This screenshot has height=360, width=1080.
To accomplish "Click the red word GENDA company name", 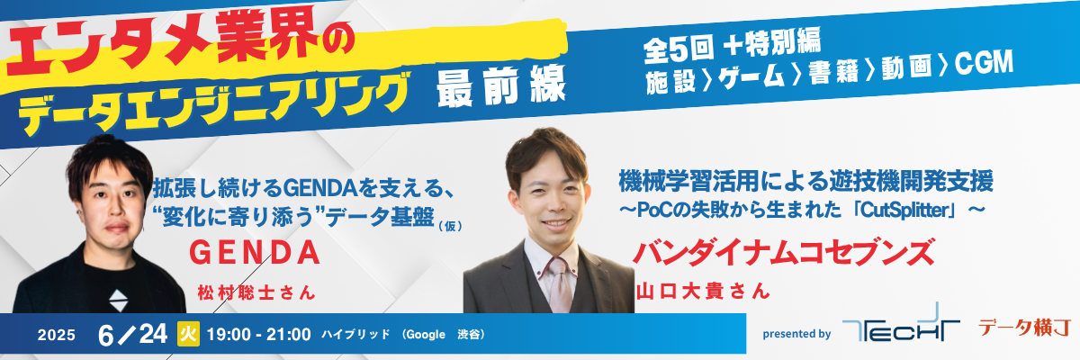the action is [x=255, y=253].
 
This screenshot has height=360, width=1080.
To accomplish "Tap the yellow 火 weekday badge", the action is [x=188, y=334].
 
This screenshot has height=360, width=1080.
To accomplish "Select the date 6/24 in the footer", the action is [x=132, y=335].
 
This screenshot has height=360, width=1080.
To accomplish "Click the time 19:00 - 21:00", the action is [x=259, y=335].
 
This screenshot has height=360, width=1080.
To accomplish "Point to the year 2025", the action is [x=57, y=336].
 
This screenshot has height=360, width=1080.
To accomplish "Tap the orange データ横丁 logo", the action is [x=1024, y=328].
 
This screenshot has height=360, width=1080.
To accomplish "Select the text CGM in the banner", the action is [x=984, y=64].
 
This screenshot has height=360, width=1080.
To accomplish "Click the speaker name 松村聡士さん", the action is [x=256, y=292].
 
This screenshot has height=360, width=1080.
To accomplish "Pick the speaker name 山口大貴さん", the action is [x=703, y=291].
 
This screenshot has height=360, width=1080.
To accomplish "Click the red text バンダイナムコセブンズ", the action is [x=784, y=252].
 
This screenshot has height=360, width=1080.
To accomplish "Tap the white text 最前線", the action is [x=500, y=86].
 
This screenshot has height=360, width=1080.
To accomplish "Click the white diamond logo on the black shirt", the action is [x=119, y=301].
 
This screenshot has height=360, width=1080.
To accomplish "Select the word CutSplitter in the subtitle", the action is [x=906, y=211].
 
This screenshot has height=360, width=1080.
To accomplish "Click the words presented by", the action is [x=796, y=334].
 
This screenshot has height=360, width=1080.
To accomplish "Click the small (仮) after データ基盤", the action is [x=450, y=226].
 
